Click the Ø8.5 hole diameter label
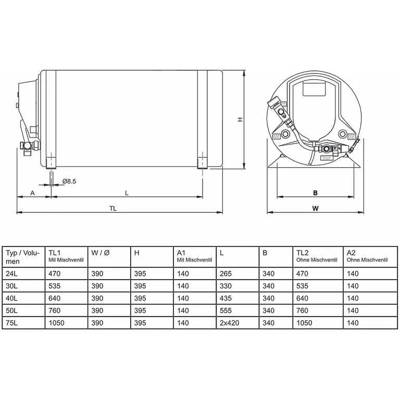pos(69,181)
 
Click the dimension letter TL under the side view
pos(113,208)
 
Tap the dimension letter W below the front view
pos(315,208)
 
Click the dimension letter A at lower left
pos(33,192)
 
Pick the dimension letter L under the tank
pos(127,192)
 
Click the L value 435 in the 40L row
pos(226,298)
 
